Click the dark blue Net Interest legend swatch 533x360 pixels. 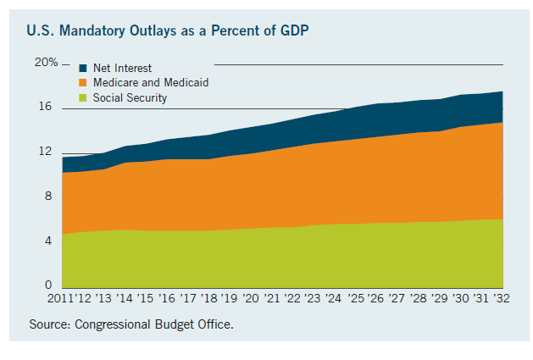pos(82,68)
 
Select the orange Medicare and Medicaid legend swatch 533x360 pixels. pos(82,83)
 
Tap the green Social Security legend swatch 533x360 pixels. pos(82,98)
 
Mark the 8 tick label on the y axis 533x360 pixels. pos(47,197)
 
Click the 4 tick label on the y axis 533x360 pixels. pos(47,241)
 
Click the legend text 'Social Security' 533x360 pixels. pos(130,98)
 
